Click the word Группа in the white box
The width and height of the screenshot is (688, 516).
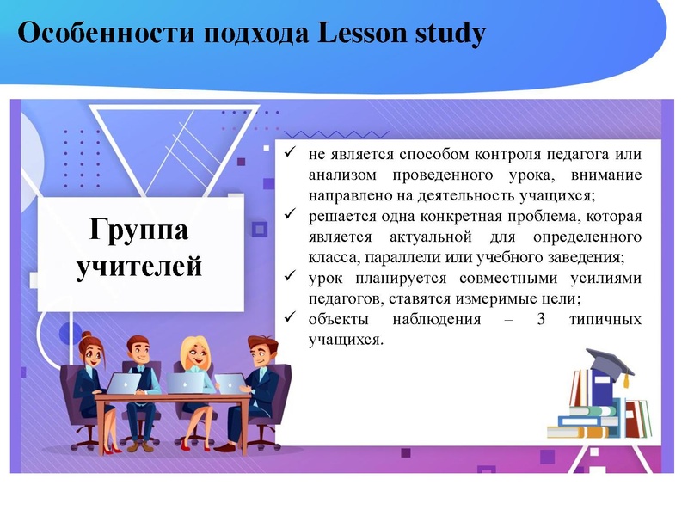click(138, 230)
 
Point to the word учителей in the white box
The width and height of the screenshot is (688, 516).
click(139, 266)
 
